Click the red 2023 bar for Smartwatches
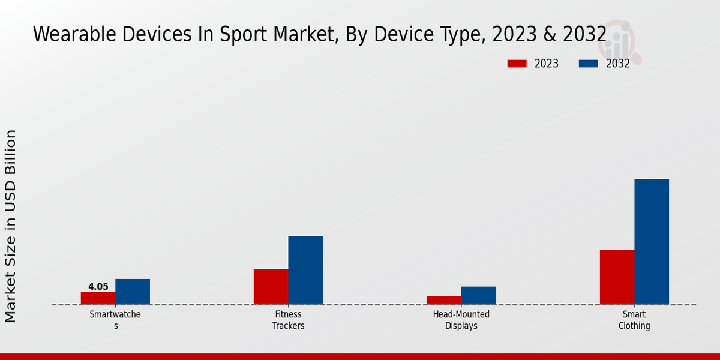[x=98, y=298]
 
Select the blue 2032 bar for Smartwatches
[x=133, y=292]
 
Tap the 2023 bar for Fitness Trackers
[x=271, y=287]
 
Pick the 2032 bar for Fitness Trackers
[x=305, y=270]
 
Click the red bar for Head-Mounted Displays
[x=444, y=300]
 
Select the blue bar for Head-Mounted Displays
[x=479, y=295]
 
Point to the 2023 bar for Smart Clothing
[x=617, y=277]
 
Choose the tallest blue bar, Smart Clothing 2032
[x=652, y=241]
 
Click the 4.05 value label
[x=98, y=287]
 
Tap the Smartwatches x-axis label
[x=115, y=320]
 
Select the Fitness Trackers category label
[x=288, y=320]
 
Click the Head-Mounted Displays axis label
[x=461, y=320]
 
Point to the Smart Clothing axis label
[x=634, y=320]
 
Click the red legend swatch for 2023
[x=517, y=64]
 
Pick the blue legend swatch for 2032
[x=589, y=64]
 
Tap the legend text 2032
[x=618, y=64]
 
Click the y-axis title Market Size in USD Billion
[x=11, y=226]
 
